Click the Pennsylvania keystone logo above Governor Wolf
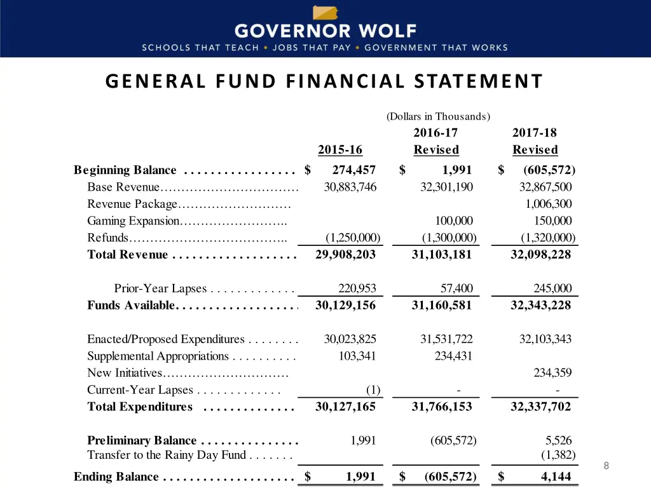[x=325, y=13]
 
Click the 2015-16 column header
[x=340, y=150]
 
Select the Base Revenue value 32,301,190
[x=447, y=187]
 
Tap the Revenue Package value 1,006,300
[x=549, y=204]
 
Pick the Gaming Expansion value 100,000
[x=454, y=221]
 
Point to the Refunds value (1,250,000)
[x=353, y=238]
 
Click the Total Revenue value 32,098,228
[x=540, y=254]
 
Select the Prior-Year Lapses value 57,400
[x=456, y=288]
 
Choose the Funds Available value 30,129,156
[x=345, y=305]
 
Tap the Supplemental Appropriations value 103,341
[x=357, y=356]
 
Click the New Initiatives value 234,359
[x=552, y=373]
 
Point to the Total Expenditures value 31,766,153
[x=442, y=407]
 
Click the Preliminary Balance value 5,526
[x=559, y=440]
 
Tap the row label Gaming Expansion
[x=134, y=221]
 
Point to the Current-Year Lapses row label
[x=140, y=390]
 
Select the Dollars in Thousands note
[x=438, y=116]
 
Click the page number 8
[x=606, y=466]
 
